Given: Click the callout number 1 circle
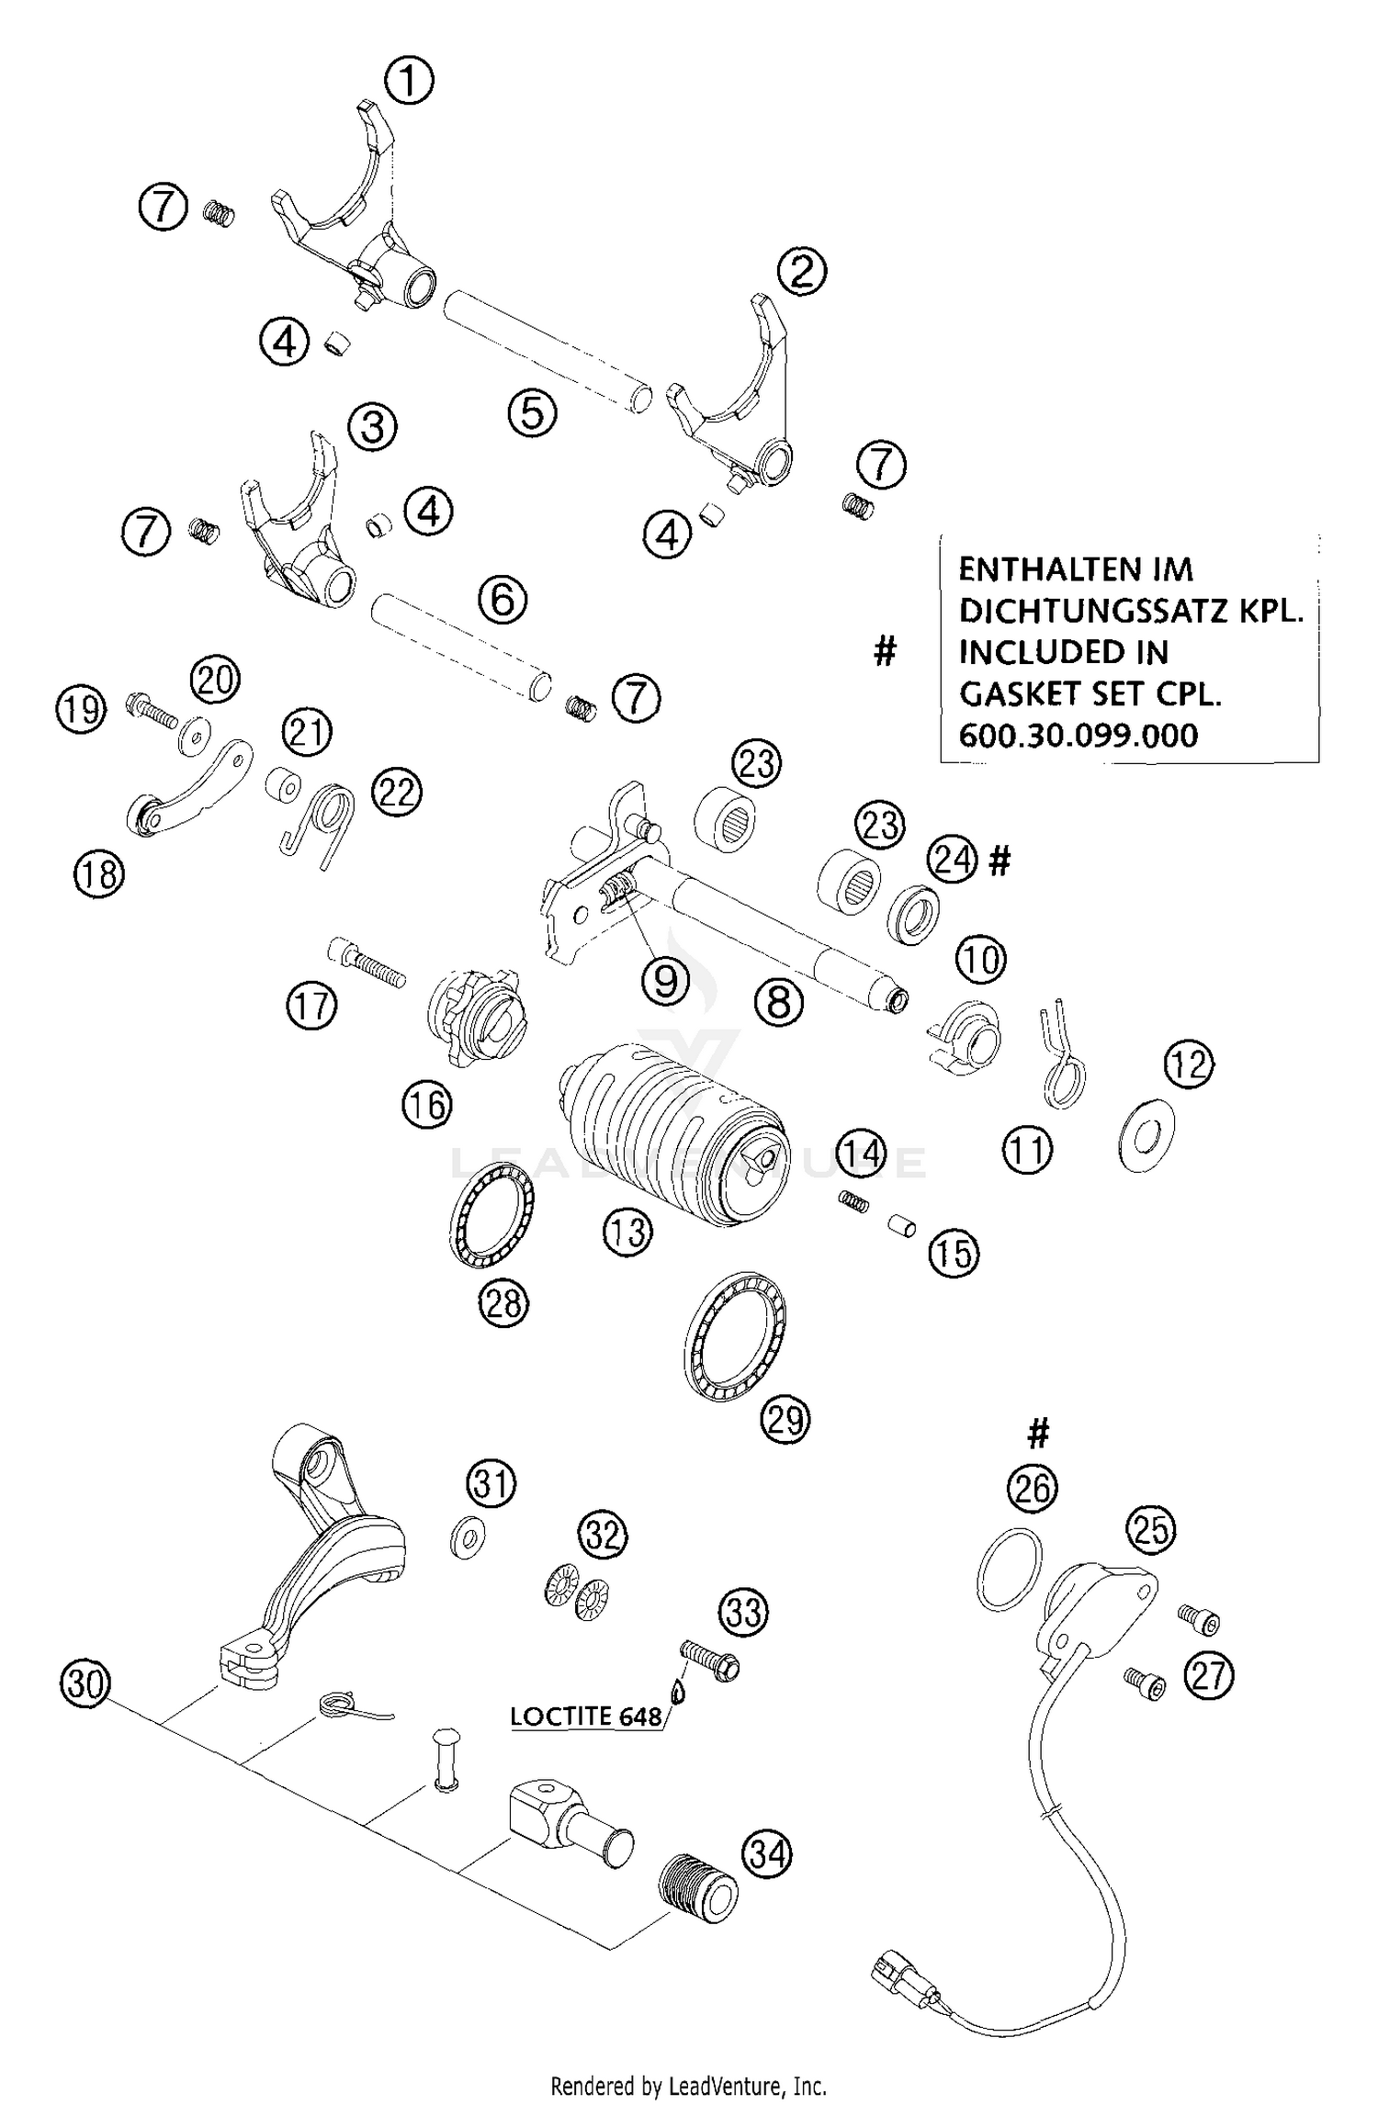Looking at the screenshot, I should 409,81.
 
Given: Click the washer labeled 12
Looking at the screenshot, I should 1146,1136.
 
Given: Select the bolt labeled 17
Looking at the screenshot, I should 366,962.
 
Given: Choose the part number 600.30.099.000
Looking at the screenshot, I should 1078,735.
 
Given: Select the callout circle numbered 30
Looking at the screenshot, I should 85,1684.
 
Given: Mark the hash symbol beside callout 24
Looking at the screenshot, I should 1000,861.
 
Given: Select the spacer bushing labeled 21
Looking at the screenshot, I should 286,786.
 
